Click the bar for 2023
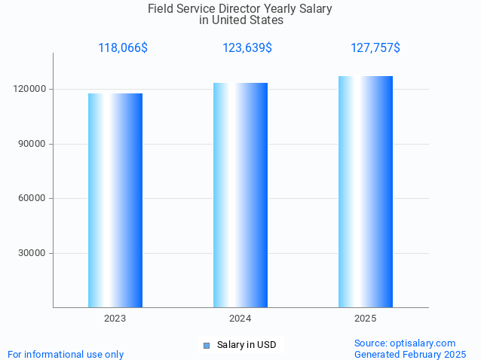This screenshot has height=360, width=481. [x=115, y=200]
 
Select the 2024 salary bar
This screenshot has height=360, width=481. [x=240, y=195]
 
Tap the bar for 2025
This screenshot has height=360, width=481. [x=366, y=191]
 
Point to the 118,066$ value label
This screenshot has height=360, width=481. [x=123, y=48]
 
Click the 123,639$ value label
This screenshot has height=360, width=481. [x=247, y=48]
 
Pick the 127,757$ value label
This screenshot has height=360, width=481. [x=375, y=48]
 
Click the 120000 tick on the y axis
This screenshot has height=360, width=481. [x=31, y=89]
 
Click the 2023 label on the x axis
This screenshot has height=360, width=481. [x=115, y=319]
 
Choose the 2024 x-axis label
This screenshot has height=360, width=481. [x=240, y=319]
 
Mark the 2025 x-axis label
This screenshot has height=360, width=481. [x=366, y=319]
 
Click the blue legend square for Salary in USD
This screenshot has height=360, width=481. [x=206, y=346]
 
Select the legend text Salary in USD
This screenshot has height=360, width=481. [x=247, y=345]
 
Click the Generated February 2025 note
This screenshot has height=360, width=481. [x=410, y=354]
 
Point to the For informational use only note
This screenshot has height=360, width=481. [x=66, y=354]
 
